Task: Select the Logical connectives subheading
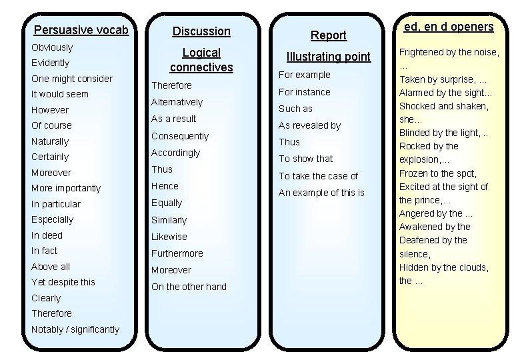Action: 201,60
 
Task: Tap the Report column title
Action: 329,35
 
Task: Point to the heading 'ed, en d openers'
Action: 448,27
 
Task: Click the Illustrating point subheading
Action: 329,57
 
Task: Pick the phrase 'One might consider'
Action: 72,79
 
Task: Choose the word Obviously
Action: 52,47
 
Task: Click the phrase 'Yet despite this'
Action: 63,282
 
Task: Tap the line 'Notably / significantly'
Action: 75,329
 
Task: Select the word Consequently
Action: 180,136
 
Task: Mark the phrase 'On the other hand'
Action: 189,287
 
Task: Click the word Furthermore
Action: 177,253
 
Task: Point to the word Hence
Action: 165,186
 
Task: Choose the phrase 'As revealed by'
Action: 309,125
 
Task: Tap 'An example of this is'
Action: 321,193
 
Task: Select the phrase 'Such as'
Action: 295,109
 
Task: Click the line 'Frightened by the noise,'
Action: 449,52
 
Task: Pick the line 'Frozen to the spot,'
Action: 438,173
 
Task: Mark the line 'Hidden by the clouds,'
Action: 444,267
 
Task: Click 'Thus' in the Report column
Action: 289,142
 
